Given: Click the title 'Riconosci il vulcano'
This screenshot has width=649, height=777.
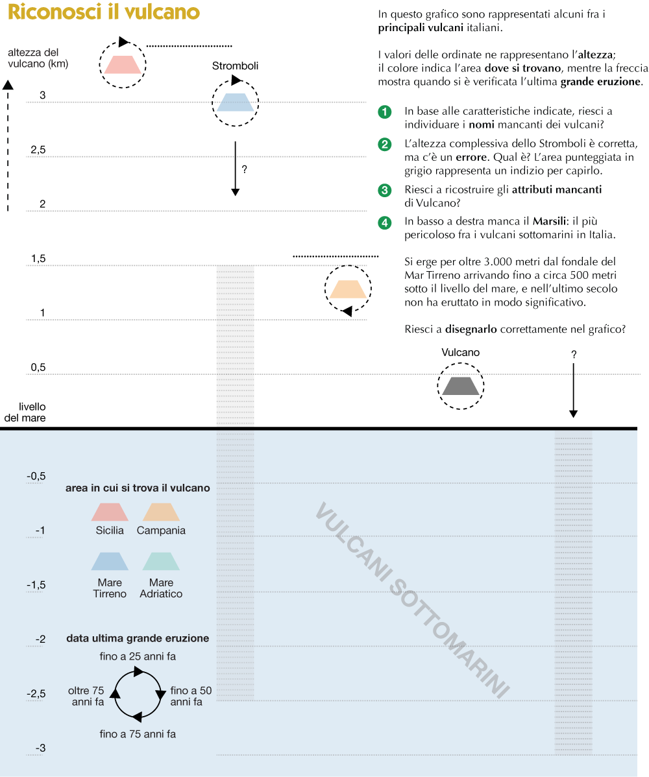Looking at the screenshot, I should pyautogui.click(x=104, y=13).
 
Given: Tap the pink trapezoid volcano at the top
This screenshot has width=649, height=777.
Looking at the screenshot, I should pyautogui.click(x=123, y=64).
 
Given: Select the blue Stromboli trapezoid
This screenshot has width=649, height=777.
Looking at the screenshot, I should pyautogui.click(x=235, y=102).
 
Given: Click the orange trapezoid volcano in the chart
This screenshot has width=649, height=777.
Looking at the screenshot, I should pyautogui.click(x=349, y=289).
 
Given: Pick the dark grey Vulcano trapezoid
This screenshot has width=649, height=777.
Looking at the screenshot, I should pyautogui.click(x=460, y=386).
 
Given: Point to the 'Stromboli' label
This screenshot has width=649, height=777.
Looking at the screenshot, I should pyautogui.click(x=235, y=66).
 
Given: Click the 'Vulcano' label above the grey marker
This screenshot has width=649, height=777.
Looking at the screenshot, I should pyautogui.click(x=461, y=353).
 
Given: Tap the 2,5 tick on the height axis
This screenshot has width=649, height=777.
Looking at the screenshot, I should pyautogui.click(x=38, y=150).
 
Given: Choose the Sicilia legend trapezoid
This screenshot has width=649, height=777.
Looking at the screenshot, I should pyautogui.click(x=110, y=512).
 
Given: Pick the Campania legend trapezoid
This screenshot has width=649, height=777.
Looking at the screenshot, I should pyautogui.click(x=161, y=512).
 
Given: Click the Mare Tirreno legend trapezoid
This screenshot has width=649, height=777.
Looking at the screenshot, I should pyautogui.click(x=110, y=561).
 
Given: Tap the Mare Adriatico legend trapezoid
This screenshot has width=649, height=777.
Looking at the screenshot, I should pyautogui.click(x=161, y=561).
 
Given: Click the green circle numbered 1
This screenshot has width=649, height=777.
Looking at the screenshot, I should pyautogui.click(x=385, y=112).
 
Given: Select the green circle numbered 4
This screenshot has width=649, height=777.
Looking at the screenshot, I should pyautogui.click(x=385, y=222).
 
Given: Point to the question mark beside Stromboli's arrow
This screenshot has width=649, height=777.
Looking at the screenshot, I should pyautogui.click(x=244, y=169).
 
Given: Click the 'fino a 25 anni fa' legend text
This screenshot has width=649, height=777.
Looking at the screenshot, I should pyautogui.click(x=138, y=656).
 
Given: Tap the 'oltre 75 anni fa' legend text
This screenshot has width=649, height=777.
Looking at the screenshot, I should pyautogui.click(x=86, y=697).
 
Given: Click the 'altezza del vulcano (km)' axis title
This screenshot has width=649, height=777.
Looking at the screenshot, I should pyautogui.click(x=38, y=58).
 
